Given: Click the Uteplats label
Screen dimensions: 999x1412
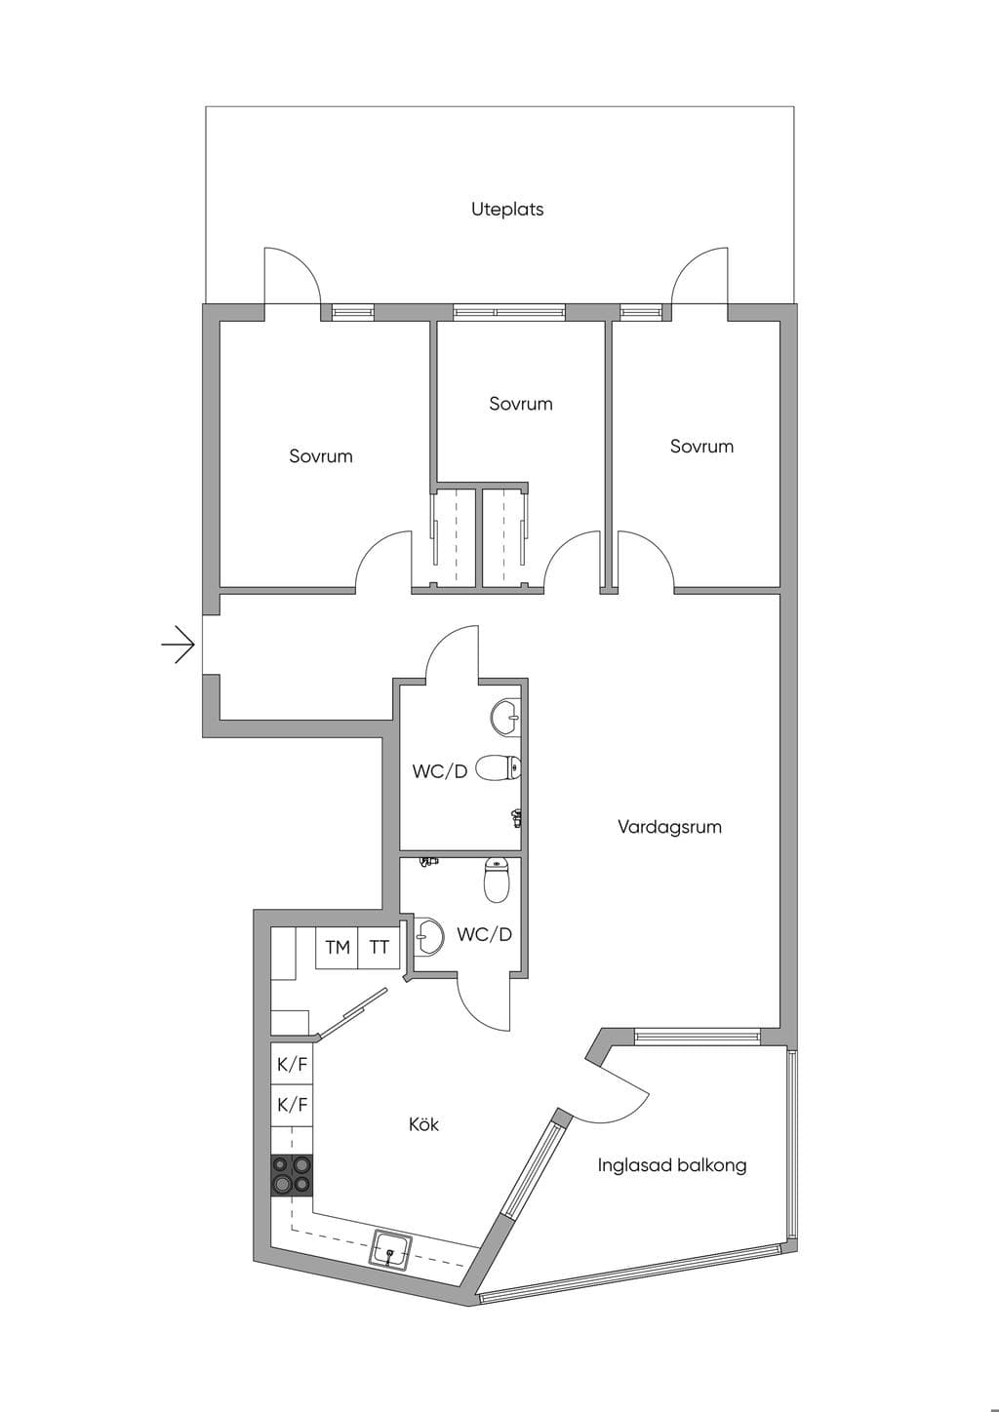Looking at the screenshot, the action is point(507,210).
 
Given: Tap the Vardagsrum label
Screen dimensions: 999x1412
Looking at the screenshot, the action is point(669,827).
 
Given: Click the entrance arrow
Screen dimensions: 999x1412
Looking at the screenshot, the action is point(179,645).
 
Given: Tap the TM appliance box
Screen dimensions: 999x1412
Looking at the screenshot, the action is point(337,948).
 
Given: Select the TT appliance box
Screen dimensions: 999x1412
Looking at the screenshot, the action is point(379,948).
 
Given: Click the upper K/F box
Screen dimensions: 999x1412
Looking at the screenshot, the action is point(292,1064).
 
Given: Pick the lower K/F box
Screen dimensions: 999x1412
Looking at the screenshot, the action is point(292,1106).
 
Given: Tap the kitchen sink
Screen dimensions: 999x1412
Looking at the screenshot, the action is point(391,1248).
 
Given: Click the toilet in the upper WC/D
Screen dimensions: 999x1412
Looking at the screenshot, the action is point(499,769).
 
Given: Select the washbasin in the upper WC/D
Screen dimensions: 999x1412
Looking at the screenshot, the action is point(505,717).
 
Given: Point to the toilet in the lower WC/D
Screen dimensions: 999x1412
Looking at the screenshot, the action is point(497,880).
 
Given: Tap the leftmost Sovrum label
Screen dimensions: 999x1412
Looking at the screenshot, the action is point(320,455).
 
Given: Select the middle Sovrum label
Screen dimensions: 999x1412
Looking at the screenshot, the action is point(521,404).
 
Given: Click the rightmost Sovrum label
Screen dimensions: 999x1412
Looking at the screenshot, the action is point(701,447).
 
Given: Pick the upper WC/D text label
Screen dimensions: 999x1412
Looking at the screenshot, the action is point(440,771).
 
